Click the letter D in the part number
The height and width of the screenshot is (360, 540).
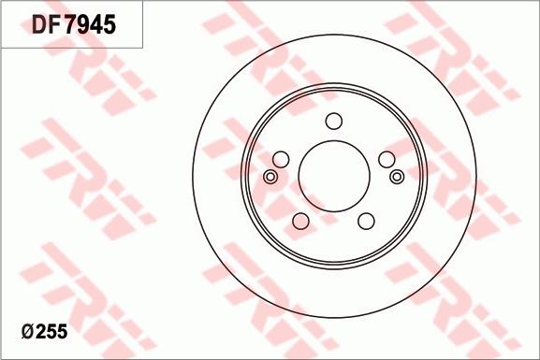39,25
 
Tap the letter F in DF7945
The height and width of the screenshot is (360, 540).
57,25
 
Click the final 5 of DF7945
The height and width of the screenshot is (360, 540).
109,25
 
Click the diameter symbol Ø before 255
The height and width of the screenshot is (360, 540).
28,332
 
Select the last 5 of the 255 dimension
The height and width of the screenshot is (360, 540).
63,332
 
